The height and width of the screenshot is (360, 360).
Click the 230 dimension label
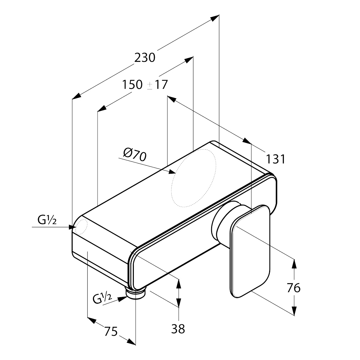point(145,58)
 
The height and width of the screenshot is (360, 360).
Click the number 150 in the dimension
point(132,85)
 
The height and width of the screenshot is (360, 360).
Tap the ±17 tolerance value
point(158,85)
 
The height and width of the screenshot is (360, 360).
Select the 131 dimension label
point(275,159)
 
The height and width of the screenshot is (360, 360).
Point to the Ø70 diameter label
point(135,154)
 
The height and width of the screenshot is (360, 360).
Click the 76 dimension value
point(294,288)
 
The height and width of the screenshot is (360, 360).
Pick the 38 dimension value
point(178,329)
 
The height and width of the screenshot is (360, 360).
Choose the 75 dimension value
point(111,331)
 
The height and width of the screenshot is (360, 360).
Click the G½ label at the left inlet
point(47,221)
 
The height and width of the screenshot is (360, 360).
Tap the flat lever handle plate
point(250,251)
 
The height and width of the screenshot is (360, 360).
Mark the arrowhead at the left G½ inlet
point(72,227)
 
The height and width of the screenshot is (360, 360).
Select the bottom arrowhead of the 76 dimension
point(294,311)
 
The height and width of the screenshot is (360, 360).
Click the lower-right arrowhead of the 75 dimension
point(131,341)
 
